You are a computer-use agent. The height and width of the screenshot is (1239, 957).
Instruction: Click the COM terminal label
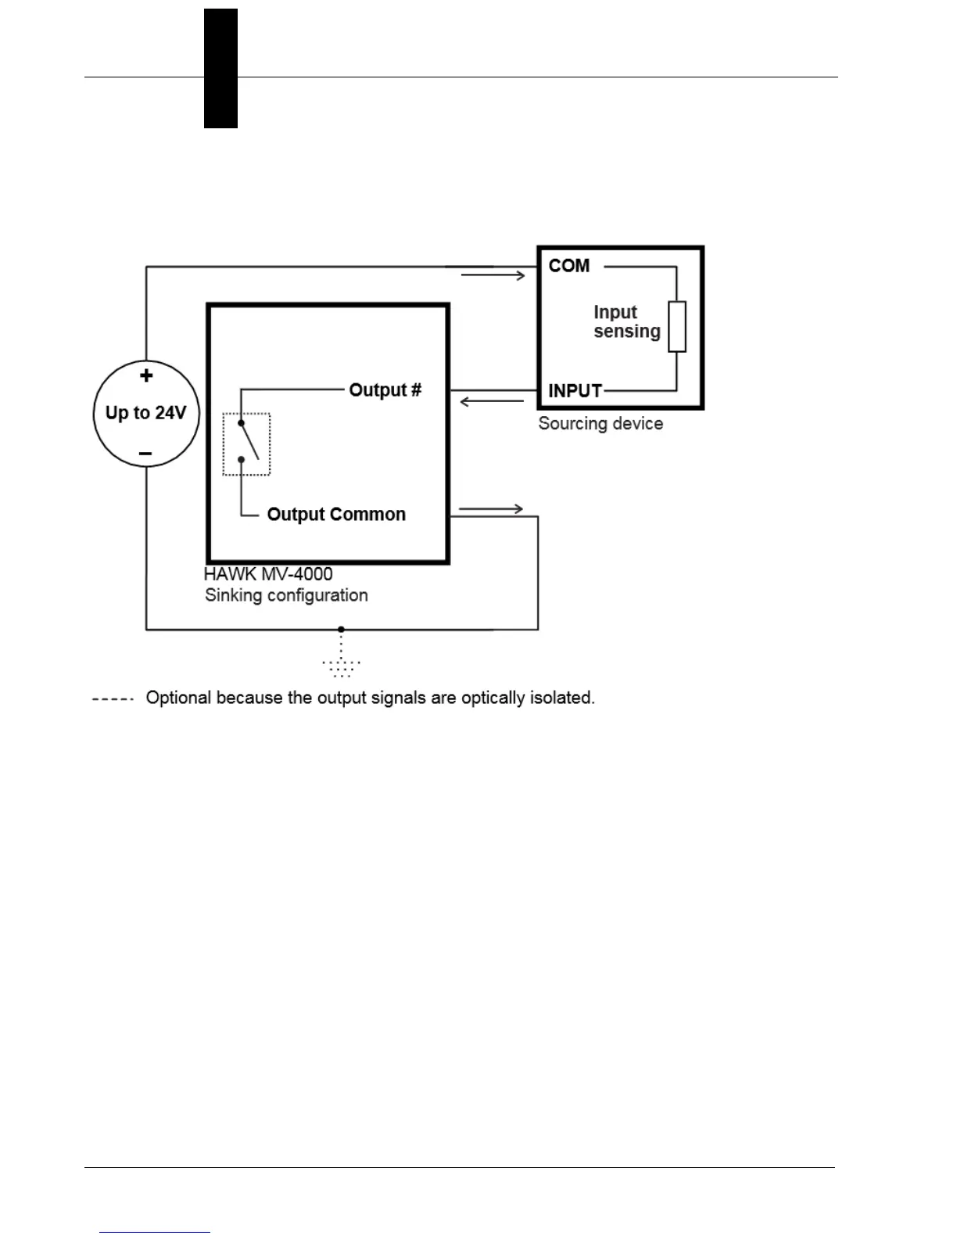(x=568, y=266)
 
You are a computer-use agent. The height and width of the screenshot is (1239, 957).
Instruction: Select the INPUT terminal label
(x=575, y=390)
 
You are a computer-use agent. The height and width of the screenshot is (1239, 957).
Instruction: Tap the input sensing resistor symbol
(x=677, y=327)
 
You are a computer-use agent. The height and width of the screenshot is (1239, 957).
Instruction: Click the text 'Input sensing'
(x=626, y=321)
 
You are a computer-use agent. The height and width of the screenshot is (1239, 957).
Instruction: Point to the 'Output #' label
(x=385, y=390)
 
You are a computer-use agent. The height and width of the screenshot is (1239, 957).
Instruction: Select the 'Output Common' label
(x=336, y=514)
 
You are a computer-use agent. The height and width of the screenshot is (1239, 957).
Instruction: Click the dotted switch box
(x=246, y=444)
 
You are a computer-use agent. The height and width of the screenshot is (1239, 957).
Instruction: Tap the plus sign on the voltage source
(x=146, y=376)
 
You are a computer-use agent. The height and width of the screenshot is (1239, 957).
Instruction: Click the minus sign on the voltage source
(x=145, y=454)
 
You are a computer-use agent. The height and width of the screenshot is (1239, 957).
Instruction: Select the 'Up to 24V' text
(x=146, y=412)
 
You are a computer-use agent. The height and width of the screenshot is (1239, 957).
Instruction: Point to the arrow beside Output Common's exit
(x=490, y=509)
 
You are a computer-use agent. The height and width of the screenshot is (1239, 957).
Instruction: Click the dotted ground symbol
(x=341, y=666)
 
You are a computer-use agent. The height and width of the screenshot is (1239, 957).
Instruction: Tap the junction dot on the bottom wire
(x=341, y=629)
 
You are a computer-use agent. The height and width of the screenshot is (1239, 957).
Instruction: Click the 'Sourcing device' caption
(x=600, y=424)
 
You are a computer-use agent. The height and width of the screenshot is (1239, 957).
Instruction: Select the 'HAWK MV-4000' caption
(x=268, y=574)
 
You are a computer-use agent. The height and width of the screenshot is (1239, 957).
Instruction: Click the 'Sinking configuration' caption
(x=286, y=595)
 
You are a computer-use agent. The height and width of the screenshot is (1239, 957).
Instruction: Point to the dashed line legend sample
(x=113, y=698)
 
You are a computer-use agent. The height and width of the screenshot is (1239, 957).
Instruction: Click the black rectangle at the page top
(x=220, y=69)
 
